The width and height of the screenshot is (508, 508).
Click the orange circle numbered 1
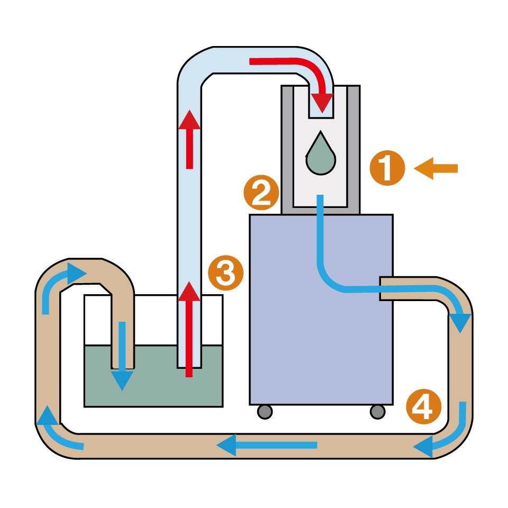(x=387, y=168)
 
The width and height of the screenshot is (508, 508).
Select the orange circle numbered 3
(x=225, y=273)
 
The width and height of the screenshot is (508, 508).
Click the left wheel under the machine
(x=265, y=411)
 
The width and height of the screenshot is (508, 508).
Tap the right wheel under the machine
(x=377, y=411)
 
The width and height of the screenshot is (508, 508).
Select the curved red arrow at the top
(x=296, y=71)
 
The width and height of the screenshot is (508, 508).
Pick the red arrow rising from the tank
(x=189, y=328)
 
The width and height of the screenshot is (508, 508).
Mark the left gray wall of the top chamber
(x=287, y=148)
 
